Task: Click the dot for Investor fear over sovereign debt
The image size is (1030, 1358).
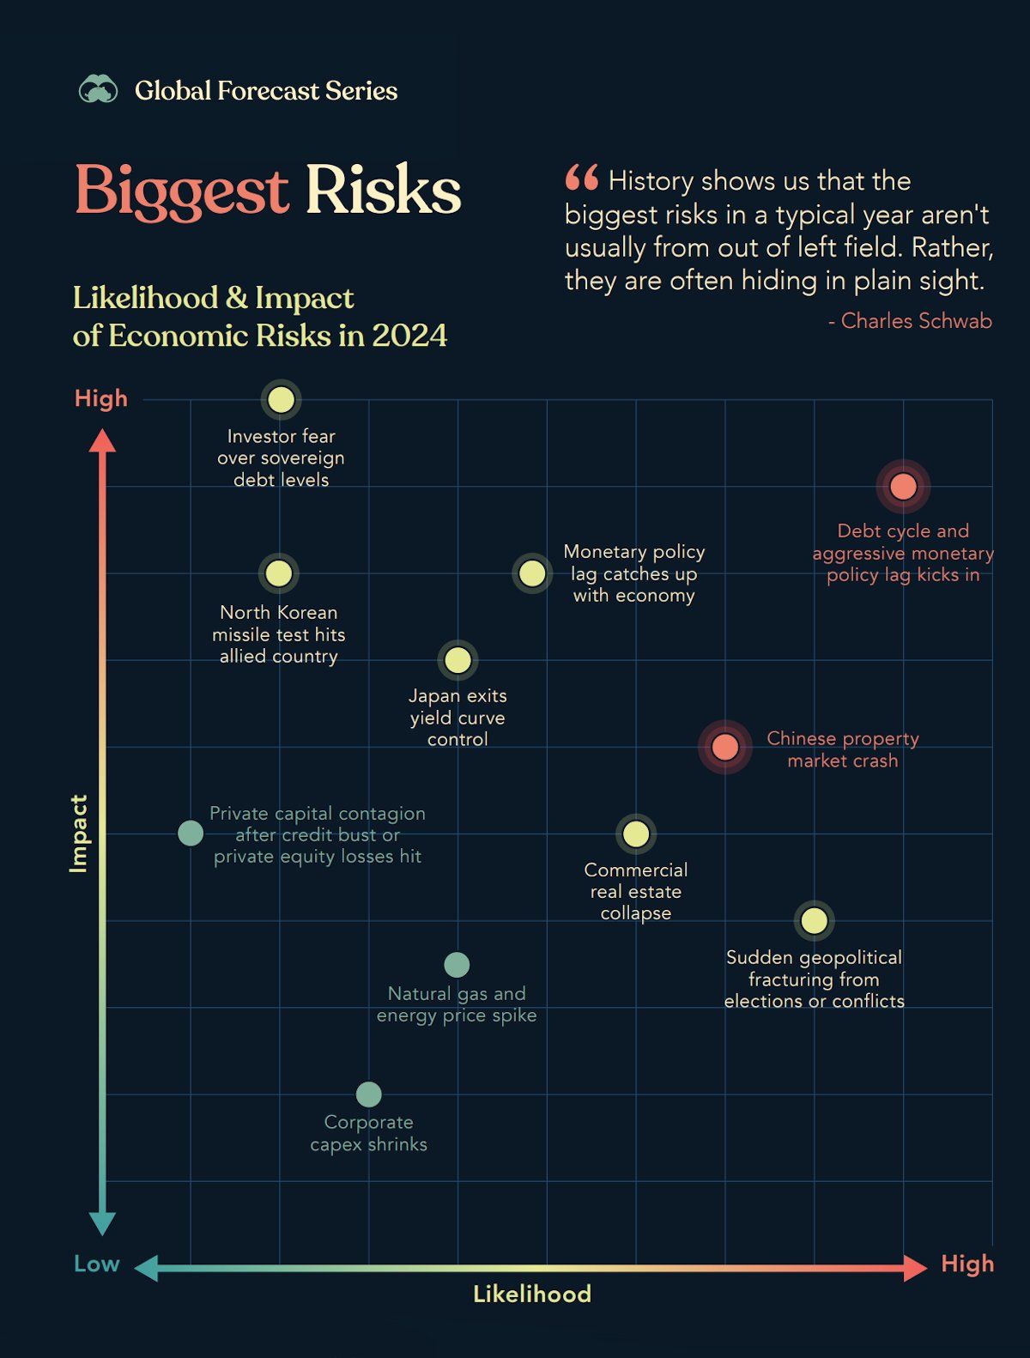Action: (x=281, y=399)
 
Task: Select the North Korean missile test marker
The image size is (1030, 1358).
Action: (x=278, y=573)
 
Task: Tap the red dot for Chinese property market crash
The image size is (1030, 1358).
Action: (x=725, y=747)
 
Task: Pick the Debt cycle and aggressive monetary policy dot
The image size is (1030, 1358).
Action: (x=903, y=487)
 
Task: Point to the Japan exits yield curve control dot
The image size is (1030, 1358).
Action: (x=457, y=660)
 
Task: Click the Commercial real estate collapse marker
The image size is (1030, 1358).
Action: (x=636, y=834)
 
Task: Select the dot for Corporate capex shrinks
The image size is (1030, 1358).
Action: (x=368, y=1094)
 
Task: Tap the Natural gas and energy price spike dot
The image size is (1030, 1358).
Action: (x=457, y=965)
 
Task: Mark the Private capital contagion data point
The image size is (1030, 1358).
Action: (x=191, y=833)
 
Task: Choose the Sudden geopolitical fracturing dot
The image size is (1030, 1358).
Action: (x=814, y=921)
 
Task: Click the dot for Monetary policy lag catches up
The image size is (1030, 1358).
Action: (x=532, y=573)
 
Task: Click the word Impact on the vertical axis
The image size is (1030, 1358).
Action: (x=79, y=834)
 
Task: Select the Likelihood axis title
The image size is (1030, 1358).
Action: (x=532, y=1294)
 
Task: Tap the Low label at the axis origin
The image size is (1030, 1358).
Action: (x=96, y=1264)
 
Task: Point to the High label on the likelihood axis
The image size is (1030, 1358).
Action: (x=967, y=1264)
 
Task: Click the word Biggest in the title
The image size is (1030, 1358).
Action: (x=181, y=190)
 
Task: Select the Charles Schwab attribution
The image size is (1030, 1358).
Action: (x=910, y=321)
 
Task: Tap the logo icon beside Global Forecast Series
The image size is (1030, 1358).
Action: (x=99, y=89)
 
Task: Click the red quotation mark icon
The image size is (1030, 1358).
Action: (x=581, y=178)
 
